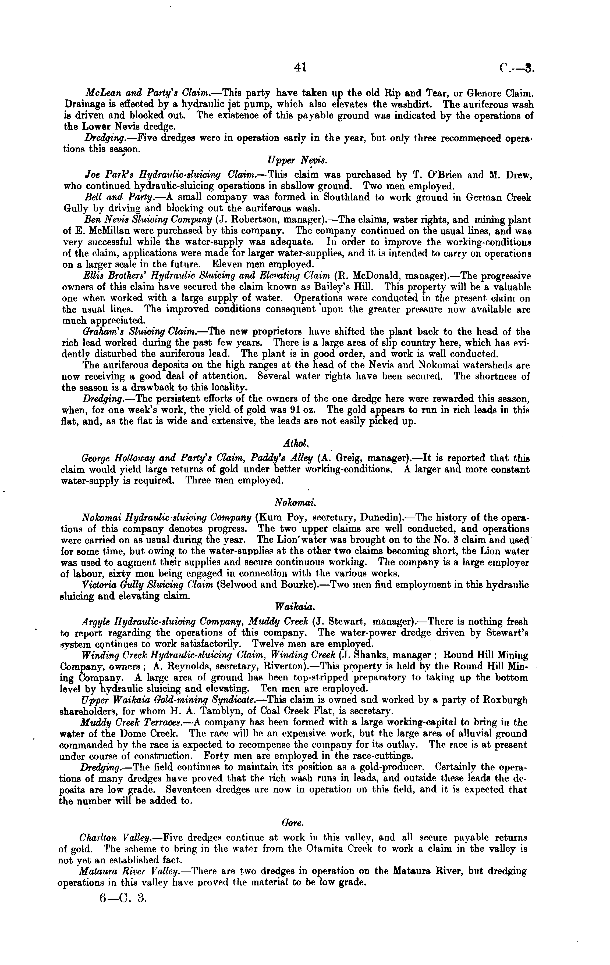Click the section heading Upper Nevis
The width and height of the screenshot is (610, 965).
pyautogui.click(x=297, y=161)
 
